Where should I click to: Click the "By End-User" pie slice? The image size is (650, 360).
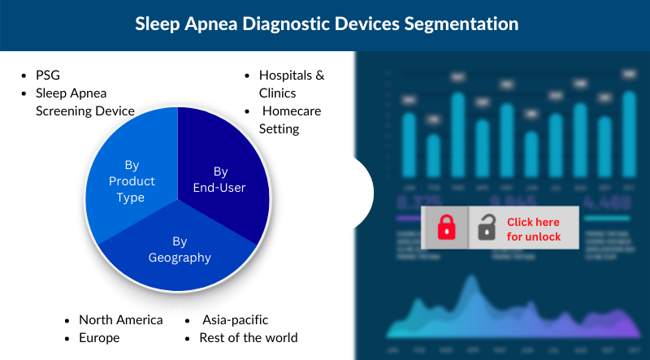(220, 180)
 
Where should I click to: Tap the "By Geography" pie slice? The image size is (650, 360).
(180, 249)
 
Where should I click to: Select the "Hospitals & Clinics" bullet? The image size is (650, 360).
(292, 84)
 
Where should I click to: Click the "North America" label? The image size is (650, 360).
(120, 319)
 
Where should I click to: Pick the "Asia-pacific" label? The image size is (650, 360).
(235, 319)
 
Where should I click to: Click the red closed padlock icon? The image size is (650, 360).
(446, 228)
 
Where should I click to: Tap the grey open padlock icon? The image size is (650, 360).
(486, 228)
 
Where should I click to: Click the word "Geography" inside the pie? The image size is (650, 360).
(180, 258)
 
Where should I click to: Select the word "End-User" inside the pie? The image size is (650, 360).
(220, 188)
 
